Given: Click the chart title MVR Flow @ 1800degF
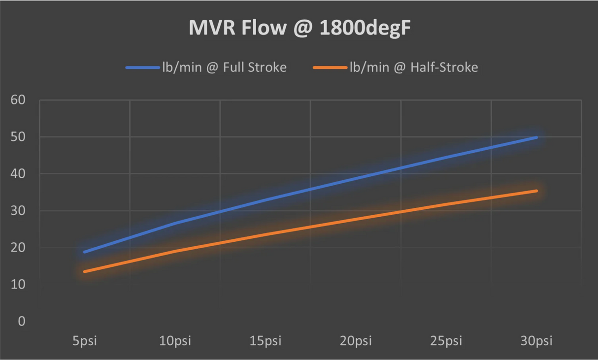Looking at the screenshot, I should pos(299,29).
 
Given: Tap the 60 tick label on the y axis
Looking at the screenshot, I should pos(18,100).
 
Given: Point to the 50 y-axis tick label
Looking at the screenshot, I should pos(18,137).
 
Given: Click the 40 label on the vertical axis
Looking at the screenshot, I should pos(18,174).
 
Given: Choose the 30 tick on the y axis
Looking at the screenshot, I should pos(18,211).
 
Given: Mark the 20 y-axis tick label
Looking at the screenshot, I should pos(18,248).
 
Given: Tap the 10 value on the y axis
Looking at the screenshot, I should pos(18,285).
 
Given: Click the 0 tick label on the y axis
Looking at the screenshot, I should pos(21,322).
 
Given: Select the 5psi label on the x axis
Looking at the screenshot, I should pos(85,341).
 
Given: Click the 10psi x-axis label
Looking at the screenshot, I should pos(175,341).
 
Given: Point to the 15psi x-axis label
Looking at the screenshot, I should pos(266,341).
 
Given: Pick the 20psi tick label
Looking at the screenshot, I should pos(356,341).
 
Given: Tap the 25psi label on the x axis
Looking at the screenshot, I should pos(446,341).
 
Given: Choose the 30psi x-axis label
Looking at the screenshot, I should pos(536,341).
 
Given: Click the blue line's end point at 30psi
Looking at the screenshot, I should pos(536,137).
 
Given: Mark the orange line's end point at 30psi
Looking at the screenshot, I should pos(536,191).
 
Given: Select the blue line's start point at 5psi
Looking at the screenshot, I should pos(85,252).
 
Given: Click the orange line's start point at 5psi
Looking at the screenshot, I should pos(85,271).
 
